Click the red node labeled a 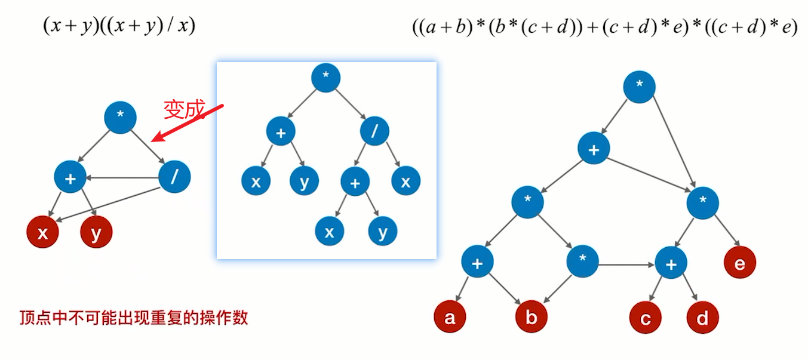coord(450,318)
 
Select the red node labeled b coord(532,318)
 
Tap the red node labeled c coord(645,318)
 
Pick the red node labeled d coord(702,318)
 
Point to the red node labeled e coord(740,263)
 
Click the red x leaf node coord(42,233)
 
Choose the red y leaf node coord(96,233)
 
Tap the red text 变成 coord(184,109)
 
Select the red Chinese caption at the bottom coord(134,318)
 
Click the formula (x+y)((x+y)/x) coord(119,26)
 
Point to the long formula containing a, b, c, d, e coord(604,27)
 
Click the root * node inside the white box coord(325,78)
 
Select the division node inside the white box coord(374,131)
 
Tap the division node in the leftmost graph coord(174,177)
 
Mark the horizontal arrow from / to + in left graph coord(122,177)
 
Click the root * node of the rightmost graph coord(640,87)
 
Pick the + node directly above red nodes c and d coord(671,263)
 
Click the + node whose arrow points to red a coord(477,263)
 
